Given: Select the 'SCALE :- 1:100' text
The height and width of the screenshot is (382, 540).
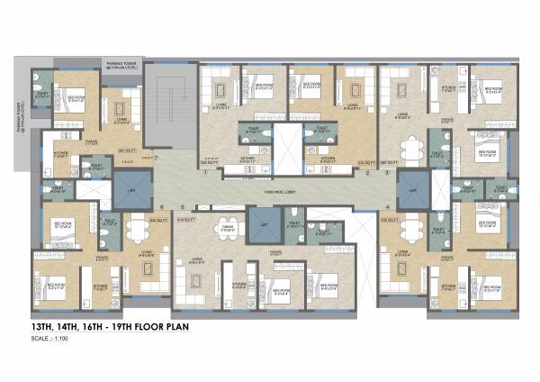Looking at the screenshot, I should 53,341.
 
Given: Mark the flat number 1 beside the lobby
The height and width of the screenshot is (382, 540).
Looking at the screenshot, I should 206,171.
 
